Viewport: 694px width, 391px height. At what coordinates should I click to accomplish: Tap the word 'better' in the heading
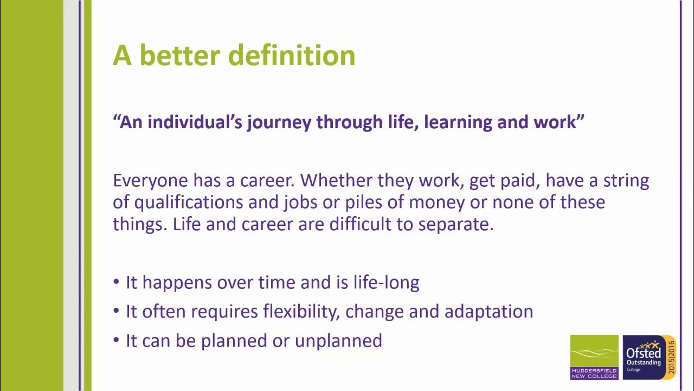(x=181, y=55)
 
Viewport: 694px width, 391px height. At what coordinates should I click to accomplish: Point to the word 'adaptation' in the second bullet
(x=489, y=311)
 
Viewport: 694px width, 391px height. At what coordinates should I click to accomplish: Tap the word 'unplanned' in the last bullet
(x=338, y=340)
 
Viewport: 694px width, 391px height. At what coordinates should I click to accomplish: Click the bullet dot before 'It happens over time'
(x=116, y=283)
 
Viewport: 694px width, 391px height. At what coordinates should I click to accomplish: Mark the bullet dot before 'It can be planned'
(x=116, y=341)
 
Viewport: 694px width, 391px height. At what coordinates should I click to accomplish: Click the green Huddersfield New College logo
(x=594, y=357)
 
